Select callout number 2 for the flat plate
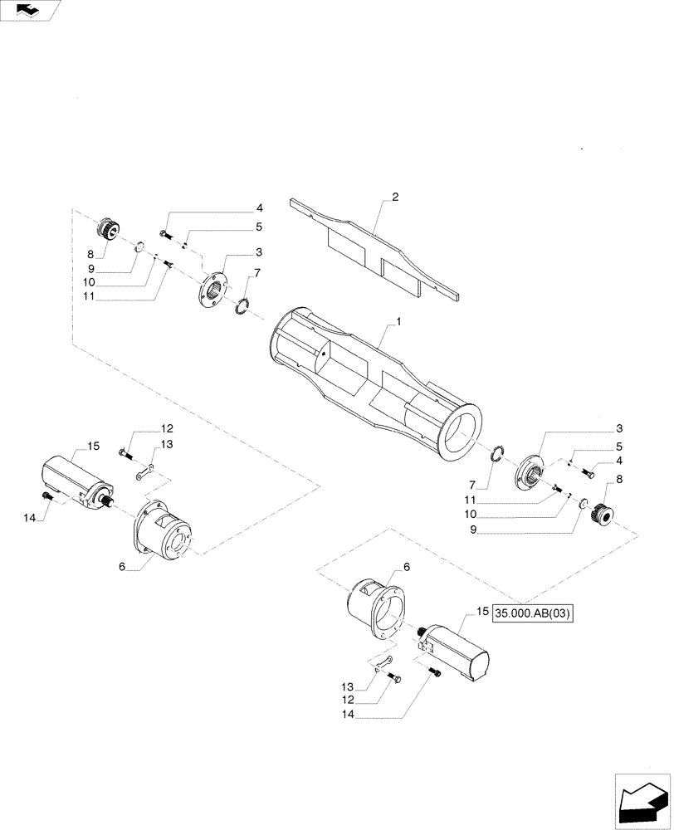[395, 197]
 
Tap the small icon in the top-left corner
[30, 10]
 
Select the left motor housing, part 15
[76, 481]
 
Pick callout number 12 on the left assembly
[167, 428]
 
